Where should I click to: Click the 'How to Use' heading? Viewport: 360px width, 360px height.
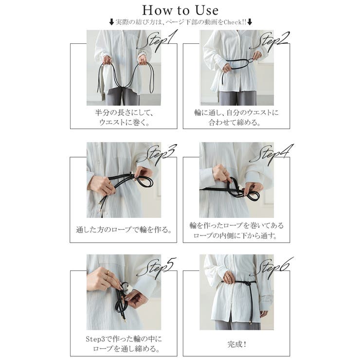[x=180, y=10]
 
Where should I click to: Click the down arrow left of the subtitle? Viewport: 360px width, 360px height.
[x=111, y=22]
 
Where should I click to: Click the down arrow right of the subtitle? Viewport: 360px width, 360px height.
[x=250, y=22]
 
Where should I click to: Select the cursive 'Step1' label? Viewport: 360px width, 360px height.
[x=158, y=40]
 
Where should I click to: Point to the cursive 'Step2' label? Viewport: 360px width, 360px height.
[x=270, y=40]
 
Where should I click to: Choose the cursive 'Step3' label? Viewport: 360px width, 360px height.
[x=158, y=153]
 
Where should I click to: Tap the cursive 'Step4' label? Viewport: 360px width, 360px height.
[x=271, y=153]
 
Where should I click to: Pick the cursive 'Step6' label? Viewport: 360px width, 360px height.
[x=271, y=267]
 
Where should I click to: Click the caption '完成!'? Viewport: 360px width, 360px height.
[x=237, y=344]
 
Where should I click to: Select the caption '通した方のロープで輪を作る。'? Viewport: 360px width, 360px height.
[x=124, y=230]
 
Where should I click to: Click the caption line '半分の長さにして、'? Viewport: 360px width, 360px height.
[x=124, y=113]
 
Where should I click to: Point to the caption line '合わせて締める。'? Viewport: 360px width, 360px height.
[x=234, y=123]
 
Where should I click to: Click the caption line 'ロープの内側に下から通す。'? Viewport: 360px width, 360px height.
[x=235, y=235]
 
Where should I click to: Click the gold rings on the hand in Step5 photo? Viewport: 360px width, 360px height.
[x=108, y=274]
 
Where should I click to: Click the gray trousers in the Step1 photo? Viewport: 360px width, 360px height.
[x=122, y=96]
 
